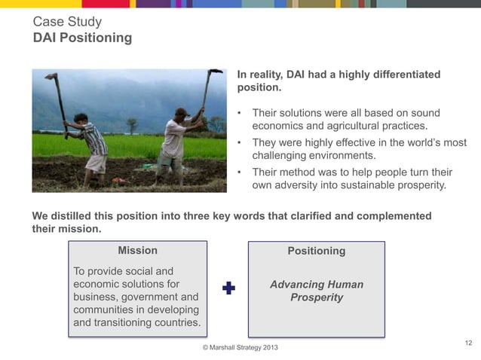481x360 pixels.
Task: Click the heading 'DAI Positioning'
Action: click(82, 38)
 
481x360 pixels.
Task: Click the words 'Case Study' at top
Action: click(67, 22)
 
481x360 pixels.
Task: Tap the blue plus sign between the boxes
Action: click(228, 288)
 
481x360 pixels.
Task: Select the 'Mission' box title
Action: click(137, 250)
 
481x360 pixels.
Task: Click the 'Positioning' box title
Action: click(316, 251)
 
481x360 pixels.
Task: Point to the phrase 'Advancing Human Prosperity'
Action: click(316, 291)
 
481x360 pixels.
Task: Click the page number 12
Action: click(468, 343)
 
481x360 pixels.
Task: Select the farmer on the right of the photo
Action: click(174, 143)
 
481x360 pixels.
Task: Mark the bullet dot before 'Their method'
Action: click(240, 172)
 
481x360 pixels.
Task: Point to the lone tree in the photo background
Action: click(133, 124)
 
